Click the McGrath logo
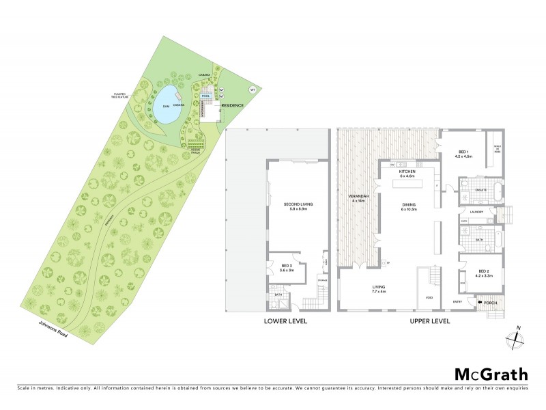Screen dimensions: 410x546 tap(491, 374)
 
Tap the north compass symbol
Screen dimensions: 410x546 tap(515, 340)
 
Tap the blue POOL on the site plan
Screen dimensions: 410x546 tap(206, 97)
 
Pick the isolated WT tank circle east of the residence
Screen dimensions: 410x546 tap(252, 90)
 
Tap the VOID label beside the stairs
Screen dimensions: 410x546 tap(429, 298)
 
